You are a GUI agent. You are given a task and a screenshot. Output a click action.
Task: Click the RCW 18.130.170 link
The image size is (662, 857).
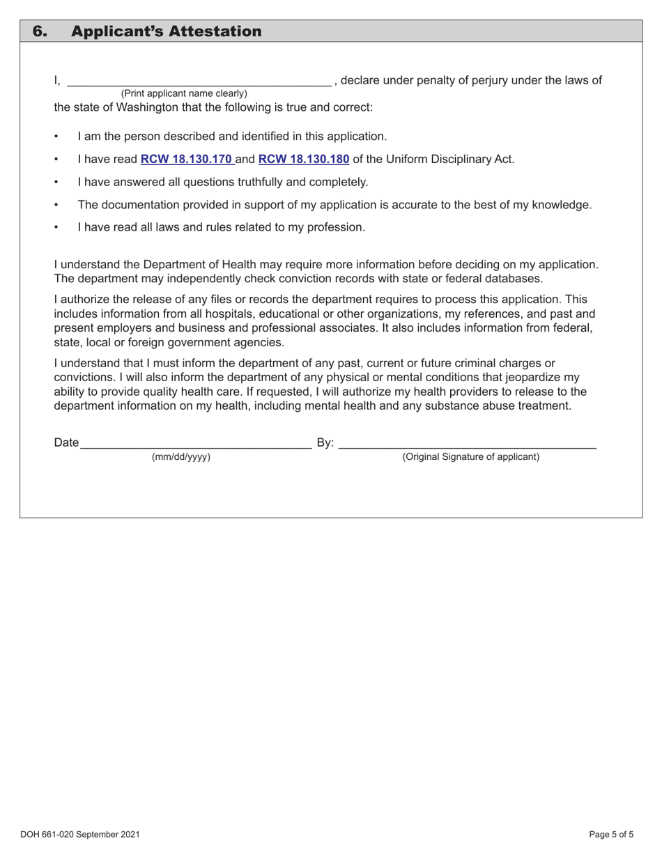(186, 159)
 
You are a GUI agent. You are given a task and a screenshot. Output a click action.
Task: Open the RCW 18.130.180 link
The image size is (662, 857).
(303, 159)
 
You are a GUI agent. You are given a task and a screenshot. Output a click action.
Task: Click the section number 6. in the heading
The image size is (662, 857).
(41, 31)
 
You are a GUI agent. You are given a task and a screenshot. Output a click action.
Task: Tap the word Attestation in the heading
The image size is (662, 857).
(213, 31)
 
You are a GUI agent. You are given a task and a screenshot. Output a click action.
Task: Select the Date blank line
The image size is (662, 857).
(195, 443)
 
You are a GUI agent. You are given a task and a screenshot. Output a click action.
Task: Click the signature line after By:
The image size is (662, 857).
(467, 443)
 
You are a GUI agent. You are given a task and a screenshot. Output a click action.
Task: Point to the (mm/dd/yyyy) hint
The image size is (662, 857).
(181, 457)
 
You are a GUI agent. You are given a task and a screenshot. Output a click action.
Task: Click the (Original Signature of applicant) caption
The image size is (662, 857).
(470, 457)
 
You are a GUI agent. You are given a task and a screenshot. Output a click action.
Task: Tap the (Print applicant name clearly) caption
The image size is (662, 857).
(184, 93)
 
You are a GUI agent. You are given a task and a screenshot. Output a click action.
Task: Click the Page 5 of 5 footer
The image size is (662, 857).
(611, 834)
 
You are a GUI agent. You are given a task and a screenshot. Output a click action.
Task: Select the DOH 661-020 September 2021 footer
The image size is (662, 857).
(80, 834)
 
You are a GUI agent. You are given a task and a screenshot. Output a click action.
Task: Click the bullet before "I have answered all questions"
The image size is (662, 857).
(56, 183)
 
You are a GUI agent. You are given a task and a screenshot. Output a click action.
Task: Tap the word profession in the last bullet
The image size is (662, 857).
(337, 227)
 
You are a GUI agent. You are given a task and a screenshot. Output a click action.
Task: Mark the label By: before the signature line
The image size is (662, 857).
(325, 443)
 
